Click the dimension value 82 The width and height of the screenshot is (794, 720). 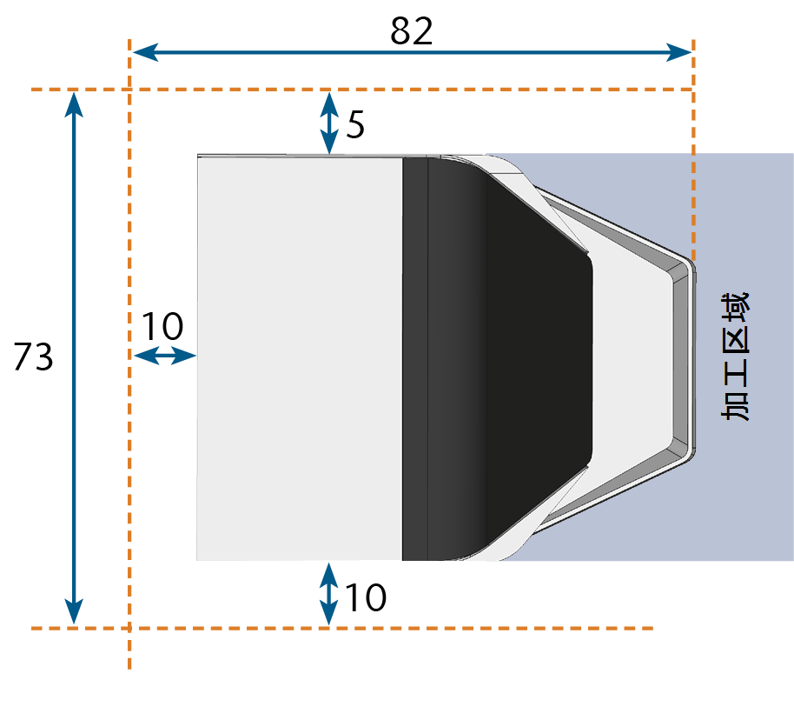411,31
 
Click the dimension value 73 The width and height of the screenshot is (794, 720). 33,357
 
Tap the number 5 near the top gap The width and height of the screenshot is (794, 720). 355,124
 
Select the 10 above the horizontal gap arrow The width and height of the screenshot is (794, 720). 162,326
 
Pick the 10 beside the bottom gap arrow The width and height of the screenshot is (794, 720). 366,597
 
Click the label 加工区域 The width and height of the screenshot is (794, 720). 735,356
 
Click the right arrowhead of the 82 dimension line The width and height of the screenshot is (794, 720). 678,51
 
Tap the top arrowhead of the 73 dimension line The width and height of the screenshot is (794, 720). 74,105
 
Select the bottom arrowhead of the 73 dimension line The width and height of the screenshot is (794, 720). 74,611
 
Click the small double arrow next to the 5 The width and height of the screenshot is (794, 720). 329,123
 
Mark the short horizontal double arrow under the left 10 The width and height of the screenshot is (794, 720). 165,356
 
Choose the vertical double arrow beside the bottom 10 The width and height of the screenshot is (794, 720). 329,594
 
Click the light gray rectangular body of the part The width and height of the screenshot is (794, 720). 300,358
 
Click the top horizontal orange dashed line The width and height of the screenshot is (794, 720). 361,90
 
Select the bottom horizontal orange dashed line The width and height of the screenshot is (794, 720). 342,628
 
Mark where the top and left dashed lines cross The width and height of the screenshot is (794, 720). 129,90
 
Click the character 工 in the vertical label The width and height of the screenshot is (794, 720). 735,373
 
